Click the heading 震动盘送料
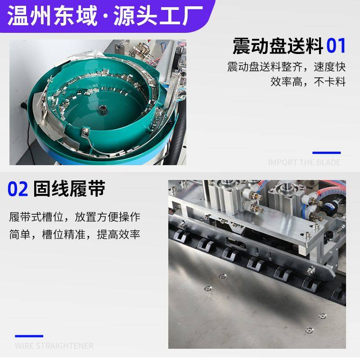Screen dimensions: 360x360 [x=278, y=46]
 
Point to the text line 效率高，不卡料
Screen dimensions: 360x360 [x=308, y=82]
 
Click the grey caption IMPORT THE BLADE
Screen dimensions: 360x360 [x=304, y=162]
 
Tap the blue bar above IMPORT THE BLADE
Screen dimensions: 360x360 [x=326, y=153]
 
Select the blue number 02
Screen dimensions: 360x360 [x=18, y=189]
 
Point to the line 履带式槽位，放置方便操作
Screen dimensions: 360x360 [x=75, y=217]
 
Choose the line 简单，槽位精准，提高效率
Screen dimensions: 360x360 [x=75, y=235]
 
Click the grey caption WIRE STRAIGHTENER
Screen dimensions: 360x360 [x=54, y=346]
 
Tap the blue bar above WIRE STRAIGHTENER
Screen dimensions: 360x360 [x=29, y=336]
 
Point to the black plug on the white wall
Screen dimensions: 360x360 [x=21, y=106]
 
